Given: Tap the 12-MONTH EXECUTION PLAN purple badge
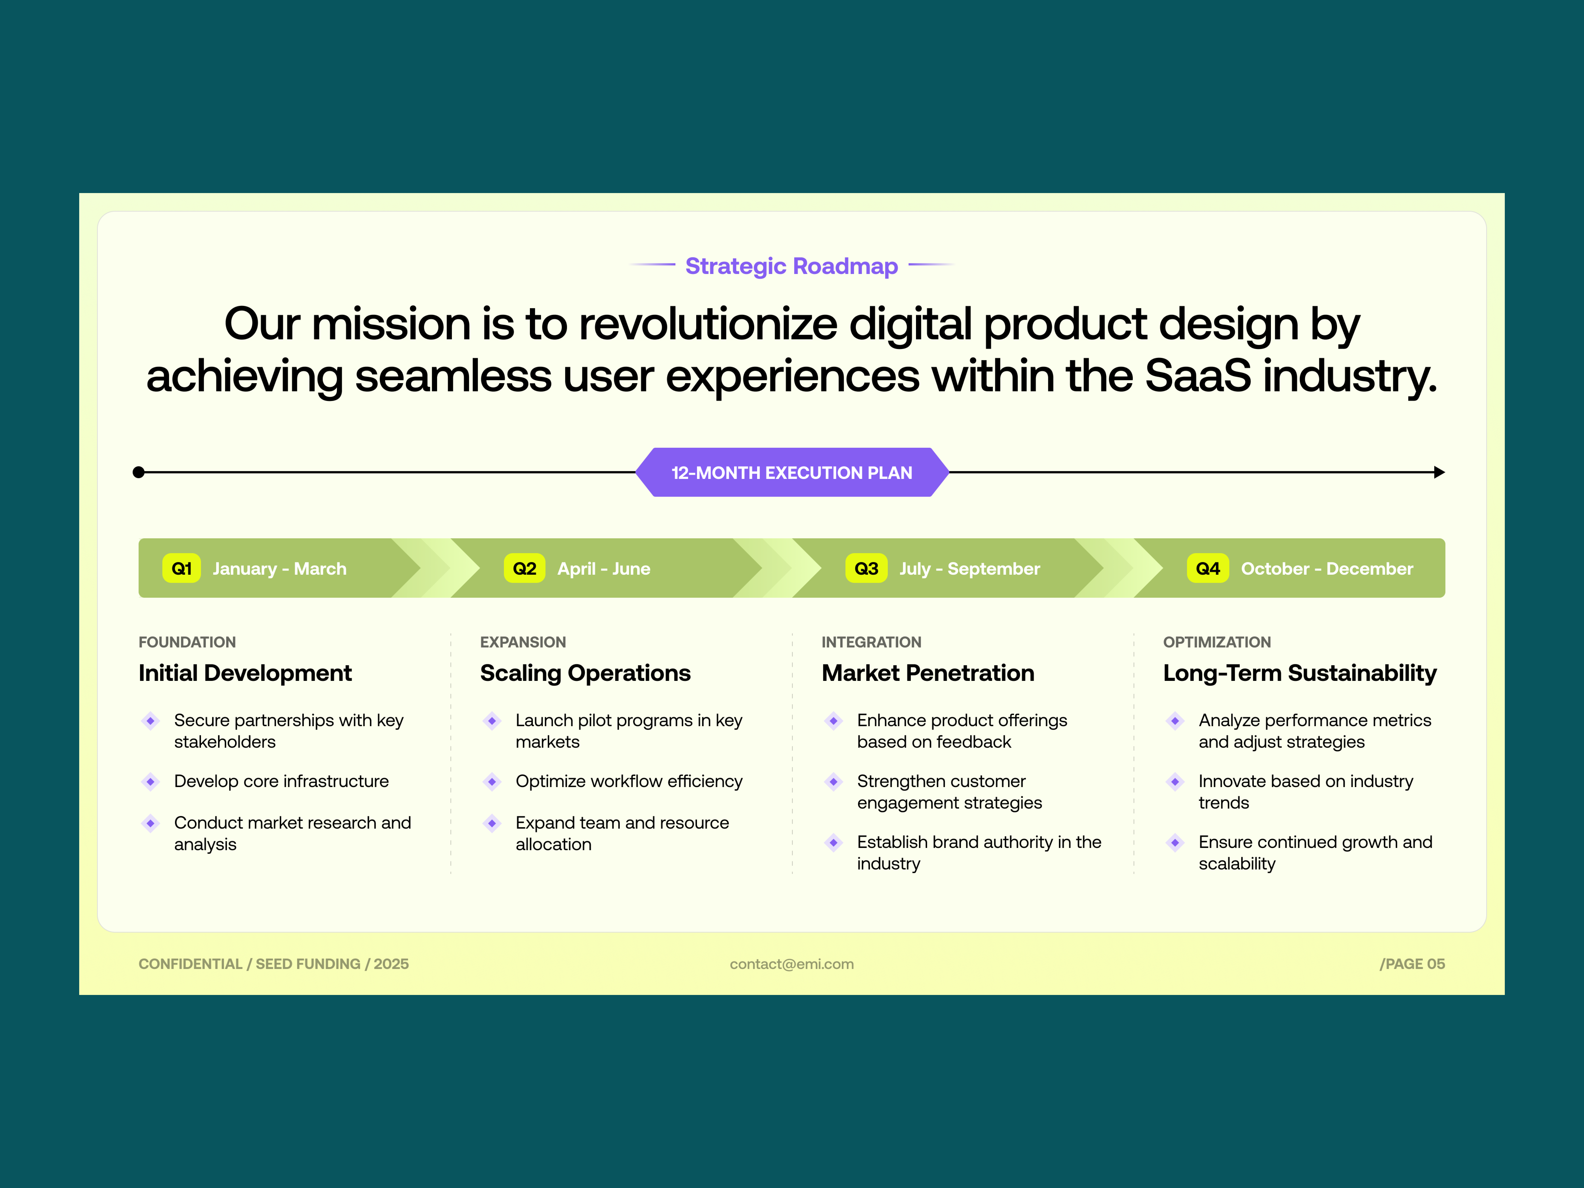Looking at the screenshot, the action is tap(792, 473).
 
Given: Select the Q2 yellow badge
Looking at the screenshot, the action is tap(524, 569).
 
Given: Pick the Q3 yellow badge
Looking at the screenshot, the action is tap(866, 569).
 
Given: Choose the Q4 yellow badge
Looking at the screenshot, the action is tap(1208, 569).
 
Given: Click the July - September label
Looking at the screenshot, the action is tap(970, 569).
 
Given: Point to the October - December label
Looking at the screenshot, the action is tap(1327, 569).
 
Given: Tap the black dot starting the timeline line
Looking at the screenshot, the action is tap(139, 473).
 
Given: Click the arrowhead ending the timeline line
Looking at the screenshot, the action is tap(1439, 473).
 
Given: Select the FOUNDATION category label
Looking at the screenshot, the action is tap(187, 642).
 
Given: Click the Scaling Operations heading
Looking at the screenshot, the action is tap(585, 673).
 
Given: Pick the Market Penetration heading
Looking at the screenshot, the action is tap(928, 673).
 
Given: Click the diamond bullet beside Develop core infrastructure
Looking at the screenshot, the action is tap(150, 781).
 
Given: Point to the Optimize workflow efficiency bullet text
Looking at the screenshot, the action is tap(629, 781).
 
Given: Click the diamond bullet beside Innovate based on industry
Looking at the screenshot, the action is tap(1175, 781).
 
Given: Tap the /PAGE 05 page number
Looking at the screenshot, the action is tap(1412, 964).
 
